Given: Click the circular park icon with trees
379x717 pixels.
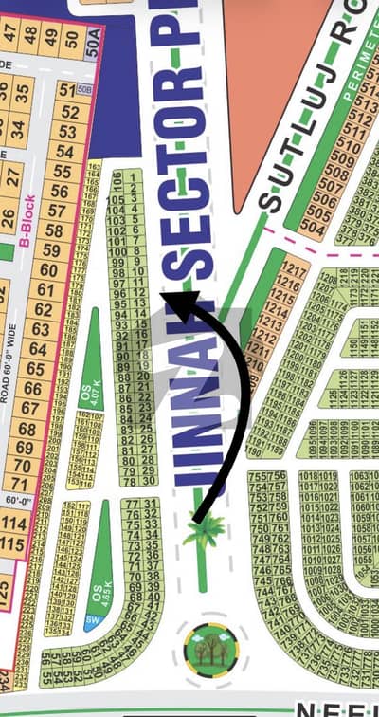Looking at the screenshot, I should coord(211,648).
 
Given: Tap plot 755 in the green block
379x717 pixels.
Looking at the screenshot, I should coord(257,477).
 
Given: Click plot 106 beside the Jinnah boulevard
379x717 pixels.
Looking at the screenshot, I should coord(117,178).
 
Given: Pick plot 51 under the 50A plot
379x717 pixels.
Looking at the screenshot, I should coord(66,92).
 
